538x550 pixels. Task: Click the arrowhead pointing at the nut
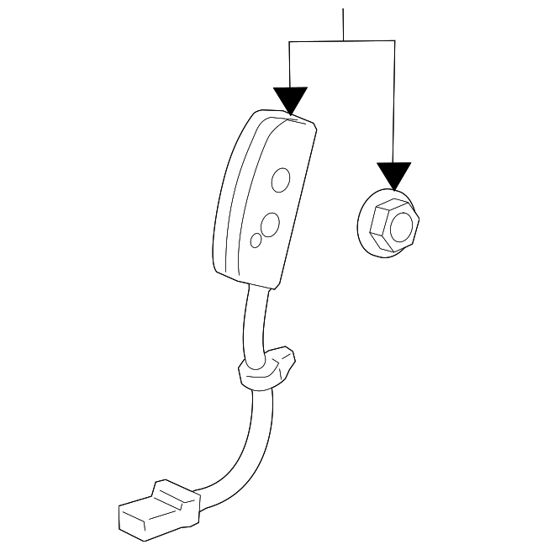(x=393, y=175)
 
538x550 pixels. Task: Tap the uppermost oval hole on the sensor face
(x=282, y=179)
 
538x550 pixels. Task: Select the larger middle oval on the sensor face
(x=270, y=225)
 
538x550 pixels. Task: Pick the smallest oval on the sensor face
(x=256, y=241)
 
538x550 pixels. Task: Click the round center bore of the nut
(x=403, y=225)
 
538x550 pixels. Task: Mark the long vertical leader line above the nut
(x=394, y=101)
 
